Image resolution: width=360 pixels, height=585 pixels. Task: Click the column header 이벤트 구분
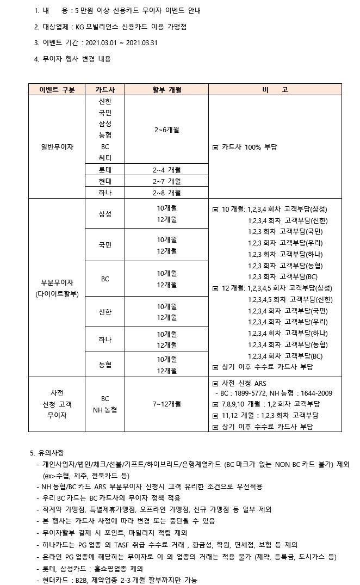pos(57,90)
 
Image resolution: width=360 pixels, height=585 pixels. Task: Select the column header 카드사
pos(105,90)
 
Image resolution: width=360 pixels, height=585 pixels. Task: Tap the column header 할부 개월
pos(167,90)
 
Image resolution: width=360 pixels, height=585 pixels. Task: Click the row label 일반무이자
pos(57,147)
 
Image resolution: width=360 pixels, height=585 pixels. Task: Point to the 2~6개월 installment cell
pos(167,130)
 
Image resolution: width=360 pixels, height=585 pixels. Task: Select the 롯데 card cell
pos(105,170)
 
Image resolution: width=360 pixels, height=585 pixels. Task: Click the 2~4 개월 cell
pos(167,170)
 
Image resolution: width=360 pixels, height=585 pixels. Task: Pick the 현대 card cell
pos(105,181)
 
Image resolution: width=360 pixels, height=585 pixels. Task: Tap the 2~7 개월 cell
pos(167,181)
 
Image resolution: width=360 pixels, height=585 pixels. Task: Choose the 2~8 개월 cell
pos(167,193)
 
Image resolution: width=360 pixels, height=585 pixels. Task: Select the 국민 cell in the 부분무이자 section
pos(105,245)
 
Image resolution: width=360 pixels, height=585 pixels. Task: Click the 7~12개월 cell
pos(167,404)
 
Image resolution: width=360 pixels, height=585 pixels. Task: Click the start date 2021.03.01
pos(102,43)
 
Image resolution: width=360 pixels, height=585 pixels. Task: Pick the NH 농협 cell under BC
pos(105,410)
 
